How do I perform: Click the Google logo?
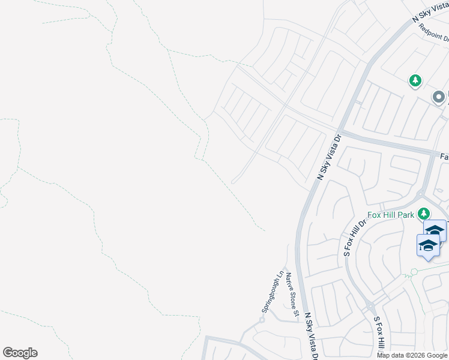pos(20,353)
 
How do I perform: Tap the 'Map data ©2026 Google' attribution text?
pos(412,355)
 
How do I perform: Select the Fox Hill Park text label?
pos(391,214)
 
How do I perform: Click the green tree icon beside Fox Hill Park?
pos(424,214)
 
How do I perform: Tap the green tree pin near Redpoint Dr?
pos(415,80)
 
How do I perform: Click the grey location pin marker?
pos(439,96)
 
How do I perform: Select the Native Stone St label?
pos(292,294)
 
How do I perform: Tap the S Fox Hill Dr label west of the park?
pos(354,238)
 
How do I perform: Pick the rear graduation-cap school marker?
pos(435,230)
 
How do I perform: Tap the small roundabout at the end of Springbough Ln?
pos(261,320)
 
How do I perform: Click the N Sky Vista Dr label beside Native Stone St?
pos(311,336)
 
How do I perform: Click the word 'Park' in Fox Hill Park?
pos(408,214)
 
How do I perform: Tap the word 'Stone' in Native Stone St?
pos(293,297)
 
